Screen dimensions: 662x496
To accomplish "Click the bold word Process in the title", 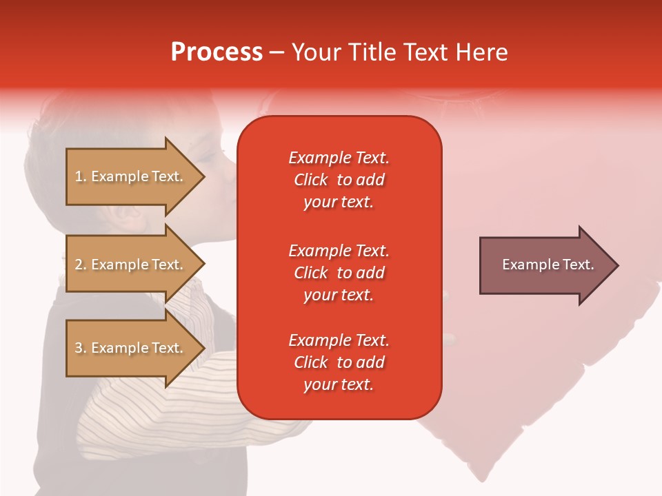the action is pyautogui.click(x=217, y=52).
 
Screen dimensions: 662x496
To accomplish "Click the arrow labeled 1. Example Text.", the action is pyautogui.click(x=135, y=176).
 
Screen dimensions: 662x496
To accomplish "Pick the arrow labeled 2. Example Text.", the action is pyautogui.click(x=135, y=264).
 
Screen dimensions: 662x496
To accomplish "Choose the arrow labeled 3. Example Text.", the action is pyautogui.click(x=135, y=347).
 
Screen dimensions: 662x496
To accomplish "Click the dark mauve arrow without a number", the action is pyautogui.click(x=549, y=265).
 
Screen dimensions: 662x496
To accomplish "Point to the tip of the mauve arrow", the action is pyautogui.click(x=619, y=265).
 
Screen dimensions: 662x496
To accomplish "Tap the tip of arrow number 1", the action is pyautogui.click(x=205, y=176).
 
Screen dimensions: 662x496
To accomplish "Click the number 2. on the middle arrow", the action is pyautogui.click(x=81, y=265).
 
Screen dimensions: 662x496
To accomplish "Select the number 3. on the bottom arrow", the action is pyautogui.click(x=81, y=348).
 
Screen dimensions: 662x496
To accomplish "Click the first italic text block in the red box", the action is pyautogui.click(x=339, y=180).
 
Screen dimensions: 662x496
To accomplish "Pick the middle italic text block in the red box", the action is pyautogui.click(x=339, y=273).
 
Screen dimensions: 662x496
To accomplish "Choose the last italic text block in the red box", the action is pyautogui.click(x=339, y=362).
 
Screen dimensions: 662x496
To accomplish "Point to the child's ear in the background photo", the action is pyautogui.click(x=123, y=214).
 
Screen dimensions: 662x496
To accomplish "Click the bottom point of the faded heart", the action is pyautogui.click(x=482, y=481).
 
